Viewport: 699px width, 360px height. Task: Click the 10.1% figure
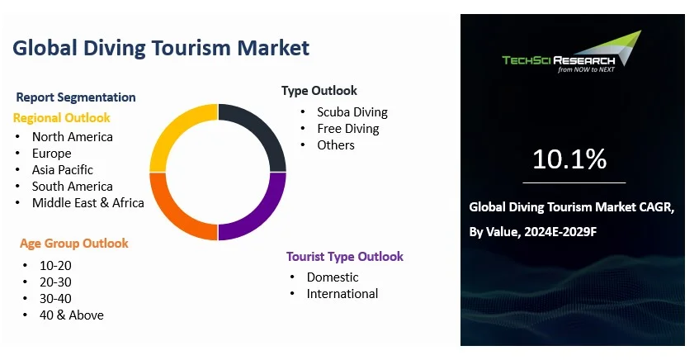coord(569,159)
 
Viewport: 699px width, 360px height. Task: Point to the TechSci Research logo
coord(572,52)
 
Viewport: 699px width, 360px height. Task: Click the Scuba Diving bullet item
coord(352,112)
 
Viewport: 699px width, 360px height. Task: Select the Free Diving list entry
coord(347,129)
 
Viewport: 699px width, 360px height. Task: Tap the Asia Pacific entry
coord(63,169)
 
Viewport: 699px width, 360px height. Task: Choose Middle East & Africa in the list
coord(87,202)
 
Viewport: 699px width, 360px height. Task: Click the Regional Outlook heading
coord(62,118)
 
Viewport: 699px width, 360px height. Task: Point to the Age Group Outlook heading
coord(74,244)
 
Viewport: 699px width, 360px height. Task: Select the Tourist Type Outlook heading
coord(345,257)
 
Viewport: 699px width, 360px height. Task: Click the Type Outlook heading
coord(319,91)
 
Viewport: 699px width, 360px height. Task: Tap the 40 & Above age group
coord(71,315)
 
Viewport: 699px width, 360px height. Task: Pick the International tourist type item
coord(342,293)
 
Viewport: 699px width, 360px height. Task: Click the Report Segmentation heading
coord(76,97)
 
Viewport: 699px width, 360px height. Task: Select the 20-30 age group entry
coord(55,282)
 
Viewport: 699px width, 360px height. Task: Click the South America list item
coord(73,186)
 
